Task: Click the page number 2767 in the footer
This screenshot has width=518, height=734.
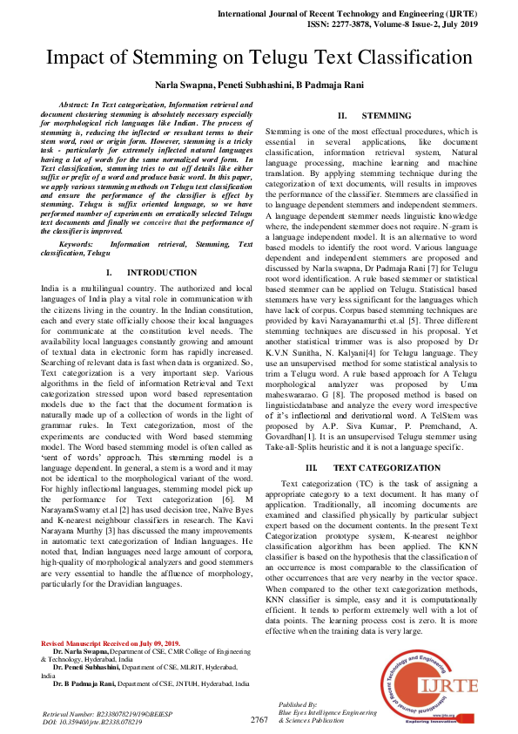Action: coord(259,720)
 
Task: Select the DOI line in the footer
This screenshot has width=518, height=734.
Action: coord(91,722)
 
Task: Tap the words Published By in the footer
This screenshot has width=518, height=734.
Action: coord(298,703)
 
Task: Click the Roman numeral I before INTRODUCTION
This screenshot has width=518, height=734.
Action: coord(120,273)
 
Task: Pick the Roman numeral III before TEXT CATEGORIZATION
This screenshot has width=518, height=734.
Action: coord(311,468)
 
